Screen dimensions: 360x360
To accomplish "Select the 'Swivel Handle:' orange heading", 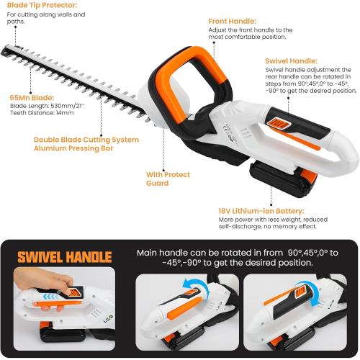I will tap(291, 61).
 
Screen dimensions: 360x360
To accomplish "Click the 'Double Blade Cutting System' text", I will tap(86, 139).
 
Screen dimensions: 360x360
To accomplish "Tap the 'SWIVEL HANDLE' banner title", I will tap(64, 257).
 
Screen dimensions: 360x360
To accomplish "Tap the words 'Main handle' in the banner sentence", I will tap(159, 253).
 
